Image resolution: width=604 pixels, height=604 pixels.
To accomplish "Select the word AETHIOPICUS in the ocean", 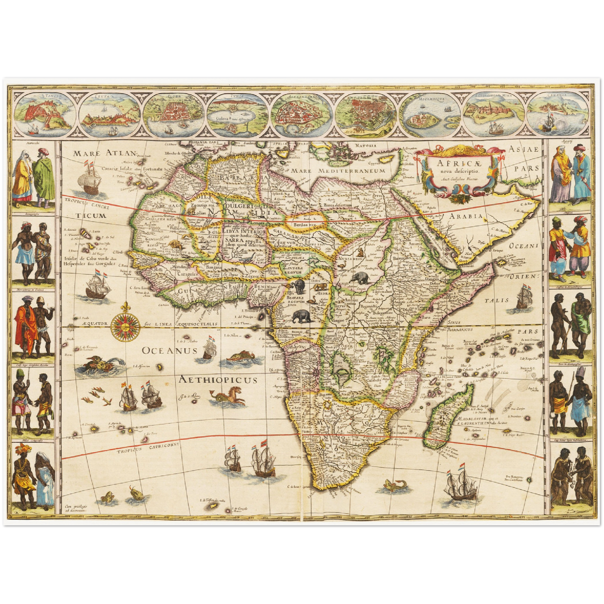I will pyautogui.click(x=218, y=380).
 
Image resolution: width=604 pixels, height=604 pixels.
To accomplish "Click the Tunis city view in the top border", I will pyautogui.click(x=238, y=115).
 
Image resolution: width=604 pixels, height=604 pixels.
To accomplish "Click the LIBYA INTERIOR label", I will pyautogui.click(x=244, y=232).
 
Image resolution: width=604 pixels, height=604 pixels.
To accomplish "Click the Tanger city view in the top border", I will pyautogui.click(x=46, y=115).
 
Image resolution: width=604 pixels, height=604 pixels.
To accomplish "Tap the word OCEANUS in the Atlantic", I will pyautogui.click(x=169, y=350).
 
